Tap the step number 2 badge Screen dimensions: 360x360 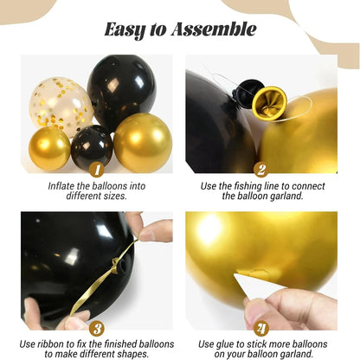click(x=261, y=170)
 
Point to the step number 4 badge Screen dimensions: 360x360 click(x=261, y=328)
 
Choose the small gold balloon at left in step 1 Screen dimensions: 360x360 click(x=50, y=149)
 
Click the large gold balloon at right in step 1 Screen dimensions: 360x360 click(x=143, y=142)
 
